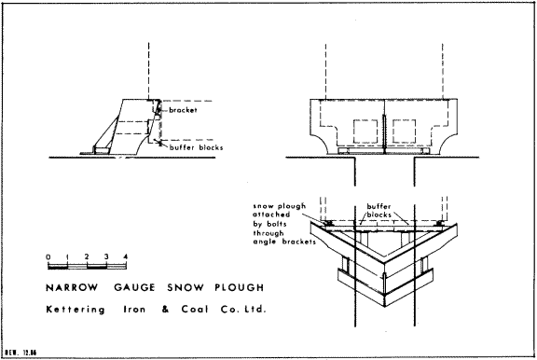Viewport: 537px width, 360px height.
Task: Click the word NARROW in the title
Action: pos(72,287)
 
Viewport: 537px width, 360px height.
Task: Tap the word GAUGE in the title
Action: pos(134,287)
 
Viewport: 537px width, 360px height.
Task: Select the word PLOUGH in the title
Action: pos(240,287)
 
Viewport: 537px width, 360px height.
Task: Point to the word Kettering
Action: pos(76,310)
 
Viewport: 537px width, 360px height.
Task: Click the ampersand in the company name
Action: pos(166,310)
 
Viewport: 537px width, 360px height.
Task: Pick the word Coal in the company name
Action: pos(195,310)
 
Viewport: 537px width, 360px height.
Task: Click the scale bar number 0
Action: pos(48,256)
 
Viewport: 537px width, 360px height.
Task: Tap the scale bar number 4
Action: pos(126,256)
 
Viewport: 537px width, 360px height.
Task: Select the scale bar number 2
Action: pos(87,256)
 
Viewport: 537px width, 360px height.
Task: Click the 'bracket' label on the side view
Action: pos(183,110)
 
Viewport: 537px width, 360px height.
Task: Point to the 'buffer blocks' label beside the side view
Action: pos(196,147)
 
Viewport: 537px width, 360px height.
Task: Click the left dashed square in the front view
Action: pos(365,132)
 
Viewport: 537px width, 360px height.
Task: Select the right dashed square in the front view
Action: pos(404,132)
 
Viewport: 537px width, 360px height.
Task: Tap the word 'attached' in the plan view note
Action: pos(271,215)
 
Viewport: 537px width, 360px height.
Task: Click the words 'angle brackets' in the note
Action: pos(284,242)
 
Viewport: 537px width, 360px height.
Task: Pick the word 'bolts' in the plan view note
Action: pos(276,224)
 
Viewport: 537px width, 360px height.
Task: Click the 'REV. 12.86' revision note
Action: pos(21,353)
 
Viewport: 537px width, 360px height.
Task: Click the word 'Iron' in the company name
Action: pos(134,310)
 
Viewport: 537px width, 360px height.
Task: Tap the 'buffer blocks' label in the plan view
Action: pos(379,211)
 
